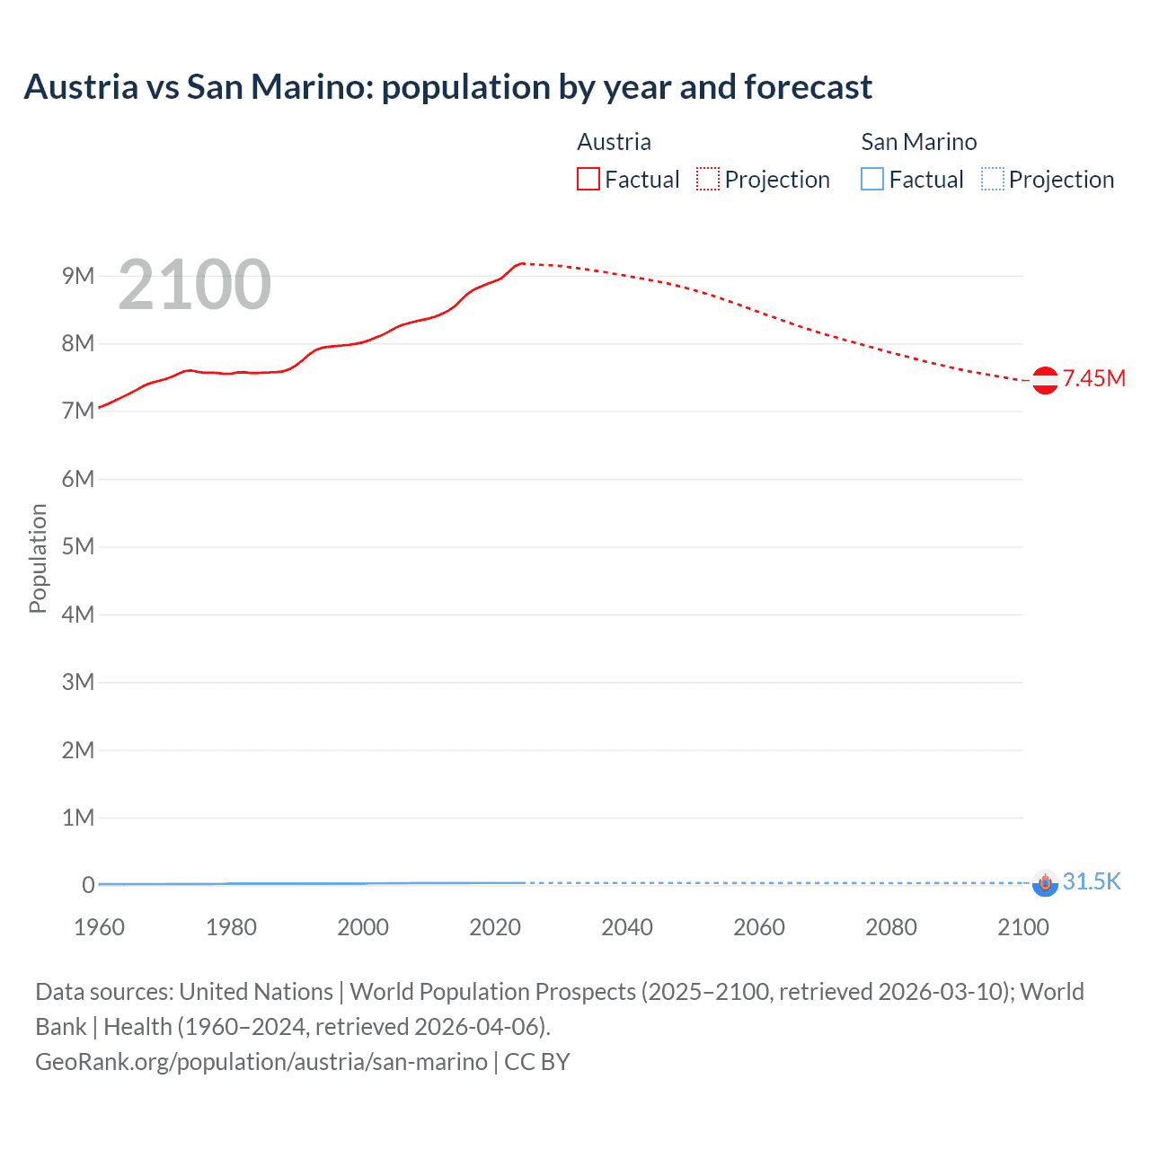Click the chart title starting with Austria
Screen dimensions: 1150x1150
(x=447, y=87)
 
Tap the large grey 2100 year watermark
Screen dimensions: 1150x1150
(x=194, y=285)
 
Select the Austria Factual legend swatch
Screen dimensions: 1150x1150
(x=588, y=180)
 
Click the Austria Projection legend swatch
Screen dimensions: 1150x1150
(x=708, y=180)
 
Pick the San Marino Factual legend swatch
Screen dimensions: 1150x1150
(x=871, y=180)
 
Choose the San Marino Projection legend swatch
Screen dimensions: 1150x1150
(x=992, y=180)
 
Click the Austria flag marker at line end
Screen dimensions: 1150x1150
(x=1045, y=380)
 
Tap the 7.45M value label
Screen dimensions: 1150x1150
(x=1093, y=378)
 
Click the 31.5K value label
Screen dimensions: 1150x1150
(x=1092, y=881)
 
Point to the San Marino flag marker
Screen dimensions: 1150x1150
(x=1045, y=883)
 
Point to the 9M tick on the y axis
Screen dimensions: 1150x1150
(x=78, y=276)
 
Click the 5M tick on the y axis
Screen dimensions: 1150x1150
(x=78, y=546)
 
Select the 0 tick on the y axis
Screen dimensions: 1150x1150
(x=88, y=885)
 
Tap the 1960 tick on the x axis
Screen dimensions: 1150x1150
(x=99, y=927)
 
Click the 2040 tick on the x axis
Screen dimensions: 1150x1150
(x=627, y=927)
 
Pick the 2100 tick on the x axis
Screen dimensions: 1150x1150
(x=1022, y=927)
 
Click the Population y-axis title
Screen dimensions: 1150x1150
(x=38, y=558)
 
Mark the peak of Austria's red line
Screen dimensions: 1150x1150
(x=522, y=263)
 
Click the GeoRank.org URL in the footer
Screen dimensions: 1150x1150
(x=261, y=1062)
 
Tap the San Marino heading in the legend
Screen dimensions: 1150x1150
(x=918, y=142)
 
